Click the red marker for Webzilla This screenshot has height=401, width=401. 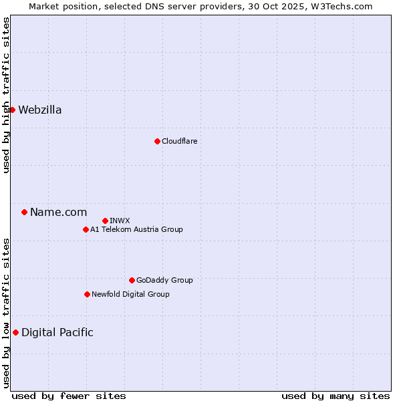12,110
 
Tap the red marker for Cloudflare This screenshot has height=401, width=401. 157,141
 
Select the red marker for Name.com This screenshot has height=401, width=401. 24,212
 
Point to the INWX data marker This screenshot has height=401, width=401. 105,221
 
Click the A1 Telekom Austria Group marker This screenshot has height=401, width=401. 86,229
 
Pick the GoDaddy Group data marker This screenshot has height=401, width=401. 132,280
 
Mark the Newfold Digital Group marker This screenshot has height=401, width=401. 87,294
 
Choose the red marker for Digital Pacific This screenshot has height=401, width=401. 15,332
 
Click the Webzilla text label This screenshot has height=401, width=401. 40,110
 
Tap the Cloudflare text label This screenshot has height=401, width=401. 180,141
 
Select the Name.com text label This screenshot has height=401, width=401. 59,213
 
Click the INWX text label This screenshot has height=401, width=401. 120,221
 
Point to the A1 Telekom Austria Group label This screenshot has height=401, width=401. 136,229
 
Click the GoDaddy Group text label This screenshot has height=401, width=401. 164,280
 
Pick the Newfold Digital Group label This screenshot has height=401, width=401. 130,294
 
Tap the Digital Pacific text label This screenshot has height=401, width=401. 57,333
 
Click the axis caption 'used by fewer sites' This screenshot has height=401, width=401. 69,396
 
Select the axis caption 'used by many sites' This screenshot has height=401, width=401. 336,396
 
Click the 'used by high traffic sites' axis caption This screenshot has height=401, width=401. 6,95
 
